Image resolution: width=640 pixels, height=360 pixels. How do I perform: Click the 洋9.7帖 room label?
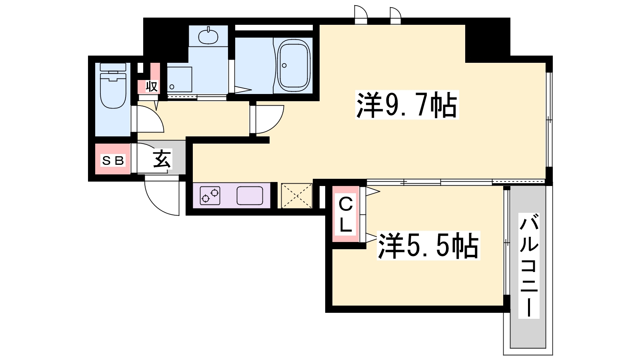(x=406, y=106)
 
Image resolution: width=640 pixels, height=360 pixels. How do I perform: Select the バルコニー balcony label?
(x=528, y=265)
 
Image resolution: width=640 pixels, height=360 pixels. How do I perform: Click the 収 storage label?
(x=151, y=86)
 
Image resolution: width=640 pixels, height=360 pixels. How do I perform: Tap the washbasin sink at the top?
(x=208, y=36)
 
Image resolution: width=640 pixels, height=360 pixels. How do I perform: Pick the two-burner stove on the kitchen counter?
(x=210, y=196)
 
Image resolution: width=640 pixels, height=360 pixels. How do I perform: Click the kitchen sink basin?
(x=250, y=196)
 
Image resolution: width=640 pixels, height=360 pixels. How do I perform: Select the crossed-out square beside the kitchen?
(x=296, y=196)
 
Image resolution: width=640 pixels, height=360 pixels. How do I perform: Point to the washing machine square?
(x=179, y=79)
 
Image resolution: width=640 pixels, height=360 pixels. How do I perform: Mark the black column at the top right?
(x=487, y=40)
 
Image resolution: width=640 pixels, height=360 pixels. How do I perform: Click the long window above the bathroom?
(x=274, y=28)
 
